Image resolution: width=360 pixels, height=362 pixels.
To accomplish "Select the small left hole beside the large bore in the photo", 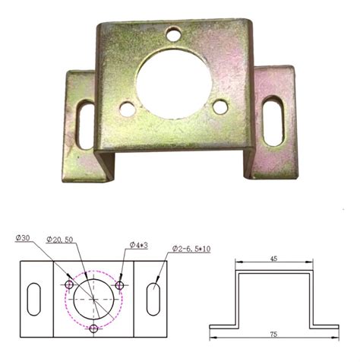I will coord(128,109).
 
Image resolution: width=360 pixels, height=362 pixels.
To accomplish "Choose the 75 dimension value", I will coord(274,334).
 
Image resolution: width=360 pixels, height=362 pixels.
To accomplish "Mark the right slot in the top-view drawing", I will coord(154,295).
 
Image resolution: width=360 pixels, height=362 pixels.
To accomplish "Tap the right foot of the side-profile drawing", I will coord(324,323).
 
